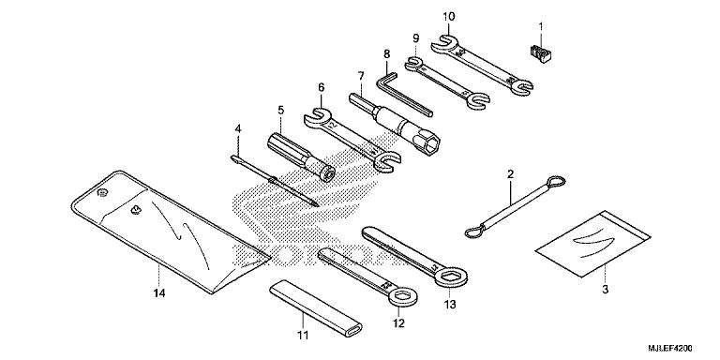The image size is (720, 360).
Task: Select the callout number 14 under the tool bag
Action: pos(158,294)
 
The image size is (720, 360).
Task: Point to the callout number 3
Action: pos(605,291)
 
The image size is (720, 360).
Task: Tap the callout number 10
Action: pos(448,16)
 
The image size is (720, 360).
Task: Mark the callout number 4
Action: pos(238,128)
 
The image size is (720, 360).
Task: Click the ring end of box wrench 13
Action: pos(450,274)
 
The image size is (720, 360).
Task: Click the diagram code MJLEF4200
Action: pos(682,348)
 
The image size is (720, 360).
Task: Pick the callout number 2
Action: pos(510,173)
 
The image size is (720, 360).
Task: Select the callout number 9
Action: pos(414,37)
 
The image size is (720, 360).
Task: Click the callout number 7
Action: pos(359,74)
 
